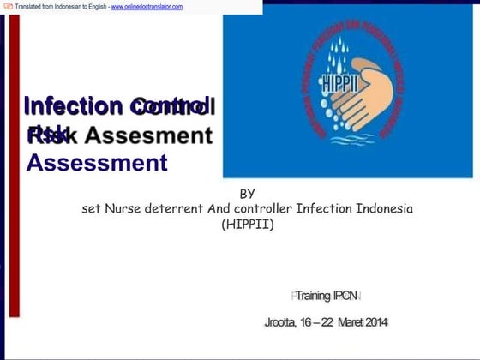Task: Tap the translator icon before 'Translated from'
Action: click(8, 6)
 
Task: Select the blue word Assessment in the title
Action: click(97, 162)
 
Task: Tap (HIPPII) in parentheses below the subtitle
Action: click(247, 225)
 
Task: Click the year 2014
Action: click(377, 322)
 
